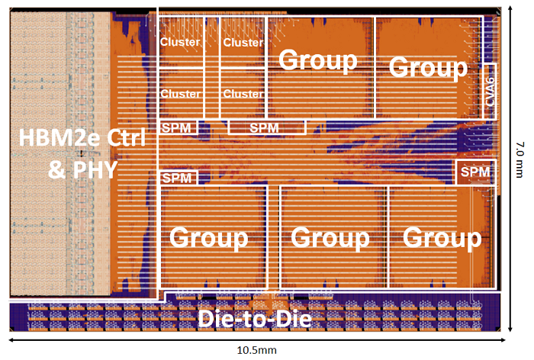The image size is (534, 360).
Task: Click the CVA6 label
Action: [x=490, y=92]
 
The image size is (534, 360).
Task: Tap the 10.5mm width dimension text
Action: [x=257, y=350]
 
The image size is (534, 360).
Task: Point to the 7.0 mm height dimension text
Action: [x=520, y=159]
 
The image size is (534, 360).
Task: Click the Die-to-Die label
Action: [x=255, y=319]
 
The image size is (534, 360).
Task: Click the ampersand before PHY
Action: [x=56, y=169]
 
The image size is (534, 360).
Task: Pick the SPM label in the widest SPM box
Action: [x=264, y=128]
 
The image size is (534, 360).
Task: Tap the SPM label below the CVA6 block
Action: [x=475, y=172]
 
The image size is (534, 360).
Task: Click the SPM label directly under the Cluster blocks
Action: [x=176, y=128]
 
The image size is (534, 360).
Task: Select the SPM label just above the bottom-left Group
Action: [x=177, y=178]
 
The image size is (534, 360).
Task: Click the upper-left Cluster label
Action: [x=180, y=42]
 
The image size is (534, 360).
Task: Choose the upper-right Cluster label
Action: [x=243, y=42]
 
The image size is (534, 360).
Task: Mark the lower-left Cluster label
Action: [x=180, y=94]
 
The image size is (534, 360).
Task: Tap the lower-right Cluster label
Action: [x=243, y=94]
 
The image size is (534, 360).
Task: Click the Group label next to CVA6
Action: [x=428, y=68]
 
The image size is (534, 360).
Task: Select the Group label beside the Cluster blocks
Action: [x=318, y=60]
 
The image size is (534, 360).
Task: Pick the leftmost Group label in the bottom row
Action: [x=208, y=239]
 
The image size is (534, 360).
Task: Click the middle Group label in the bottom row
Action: [x=330, y=239]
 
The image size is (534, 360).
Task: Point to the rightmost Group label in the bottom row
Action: [x=442, y=239]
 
